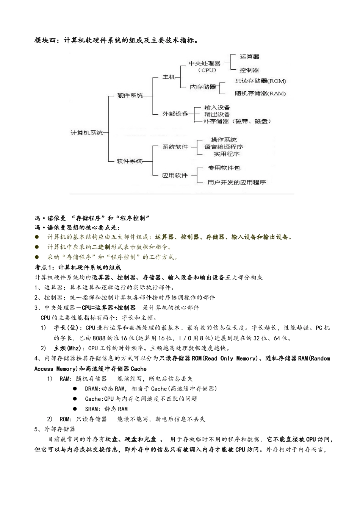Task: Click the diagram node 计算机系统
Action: click(87, 133)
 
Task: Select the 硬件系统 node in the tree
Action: click(130, 96)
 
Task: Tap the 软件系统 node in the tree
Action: click(130, 161)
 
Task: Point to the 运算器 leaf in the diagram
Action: click(250, 57)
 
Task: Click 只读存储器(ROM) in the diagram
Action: click(260, 81)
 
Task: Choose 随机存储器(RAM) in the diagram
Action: click(260, 93)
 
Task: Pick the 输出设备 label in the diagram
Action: click(217, 114)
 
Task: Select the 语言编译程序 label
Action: click(224, 147)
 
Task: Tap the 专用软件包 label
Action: click(224, 168)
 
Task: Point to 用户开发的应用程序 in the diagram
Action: click(237, 182)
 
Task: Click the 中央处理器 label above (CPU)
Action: click(205, 63)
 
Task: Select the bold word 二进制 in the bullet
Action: click(101, 247)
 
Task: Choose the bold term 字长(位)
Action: click(66, 328)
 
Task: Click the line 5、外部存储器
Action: click(55, 429)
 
